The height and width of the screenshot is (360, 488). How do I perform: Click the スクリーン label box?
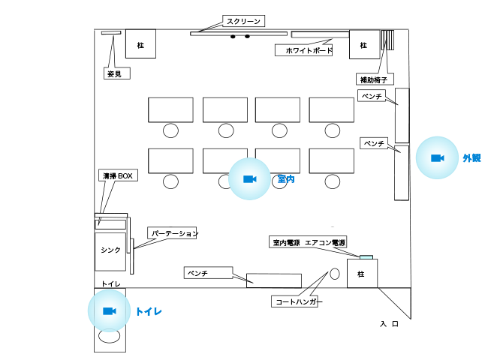pos(243,21)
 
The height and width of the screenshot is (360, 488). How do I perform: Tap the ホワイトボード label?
pos(304,50)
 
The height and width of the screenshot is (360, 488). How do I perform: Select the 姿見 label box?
pos(116,73)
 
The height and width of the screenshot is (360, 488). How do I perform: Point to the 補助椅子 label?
pos(375,79)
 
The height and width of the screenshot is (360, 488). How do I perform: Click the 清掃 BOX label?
pos(118,175)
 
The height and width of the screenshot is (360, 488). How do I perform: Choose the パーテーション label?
pos(172,232)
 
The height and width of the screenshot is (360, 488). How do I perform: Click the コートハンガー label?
pos(294,301)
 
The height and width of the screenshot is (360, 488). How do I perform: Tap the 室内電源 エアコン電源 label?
pos(308,242)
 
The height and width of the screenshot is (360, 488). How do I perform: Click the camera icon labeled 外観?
pos(437,158)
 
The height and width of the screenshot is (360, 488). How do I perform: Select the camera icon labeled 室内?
pos(249,179)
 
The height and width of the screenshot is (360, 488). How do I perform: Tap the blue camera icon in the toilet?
pos(110,311)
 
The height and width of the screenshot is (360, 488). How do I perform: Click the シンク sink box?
pos(110,252)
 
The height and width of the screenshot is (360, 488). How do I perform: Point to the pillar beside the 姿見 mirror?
pos(140,43)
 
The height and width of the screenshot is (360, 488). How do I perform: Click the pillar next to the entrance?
pos(363,274)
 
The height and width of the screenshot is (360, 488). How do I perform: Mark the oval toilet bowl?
pos(110,336)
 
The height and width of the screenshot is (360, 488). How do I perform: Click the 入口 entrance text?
pos(389,324)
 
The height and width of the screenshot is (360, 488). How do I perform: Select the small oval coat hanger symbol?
pos(335,274)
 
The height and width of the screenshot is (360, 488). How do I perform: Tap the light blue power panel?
pos(366,257)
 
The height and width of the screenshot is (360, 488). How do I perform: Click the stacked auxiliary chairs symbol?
pos(388,40)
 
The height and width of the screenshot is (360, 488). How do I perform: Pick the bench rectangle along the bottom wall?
pos(274,280)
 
